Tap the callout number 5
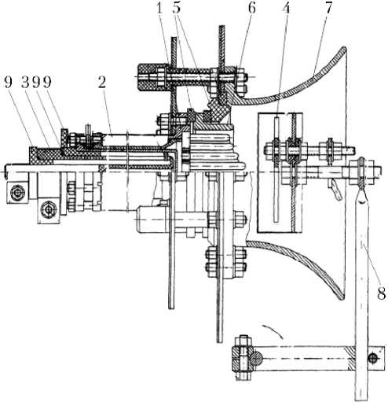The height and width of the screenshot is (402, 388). click(x=177, y=9)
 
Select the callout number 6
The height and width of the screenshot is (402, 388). click(x=252, y=9)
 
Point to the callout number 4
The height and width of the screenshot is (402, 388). click(x=287, y=9)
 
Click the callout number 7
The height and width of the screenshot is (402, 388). click(x=328, y=9)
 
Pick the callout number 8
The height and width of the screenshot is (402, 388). click(x=381, y=293)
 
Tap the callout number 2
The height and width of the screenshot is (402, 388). click(x=102, y=83)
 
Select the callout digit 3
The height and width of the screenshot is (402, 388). click(x=25, y=83)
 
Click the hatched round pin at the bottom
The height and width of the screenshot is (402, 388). click(x=257, y=359)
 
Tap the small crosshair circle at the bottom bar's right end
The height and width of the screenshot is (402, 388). click(x=373, y=358)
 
